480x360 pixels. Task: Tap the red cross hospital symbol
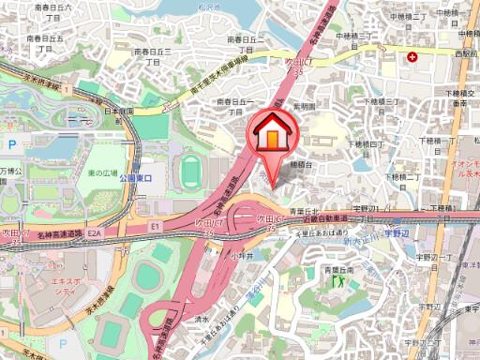pos(412,57)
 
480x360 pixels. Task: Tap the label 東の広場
pos(103,174)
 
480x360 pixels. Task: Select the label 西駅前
pos(465,55)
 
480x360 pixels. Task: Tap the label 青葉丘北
pos(305,210)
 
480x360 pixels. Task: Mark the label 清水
pos(201,319)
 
